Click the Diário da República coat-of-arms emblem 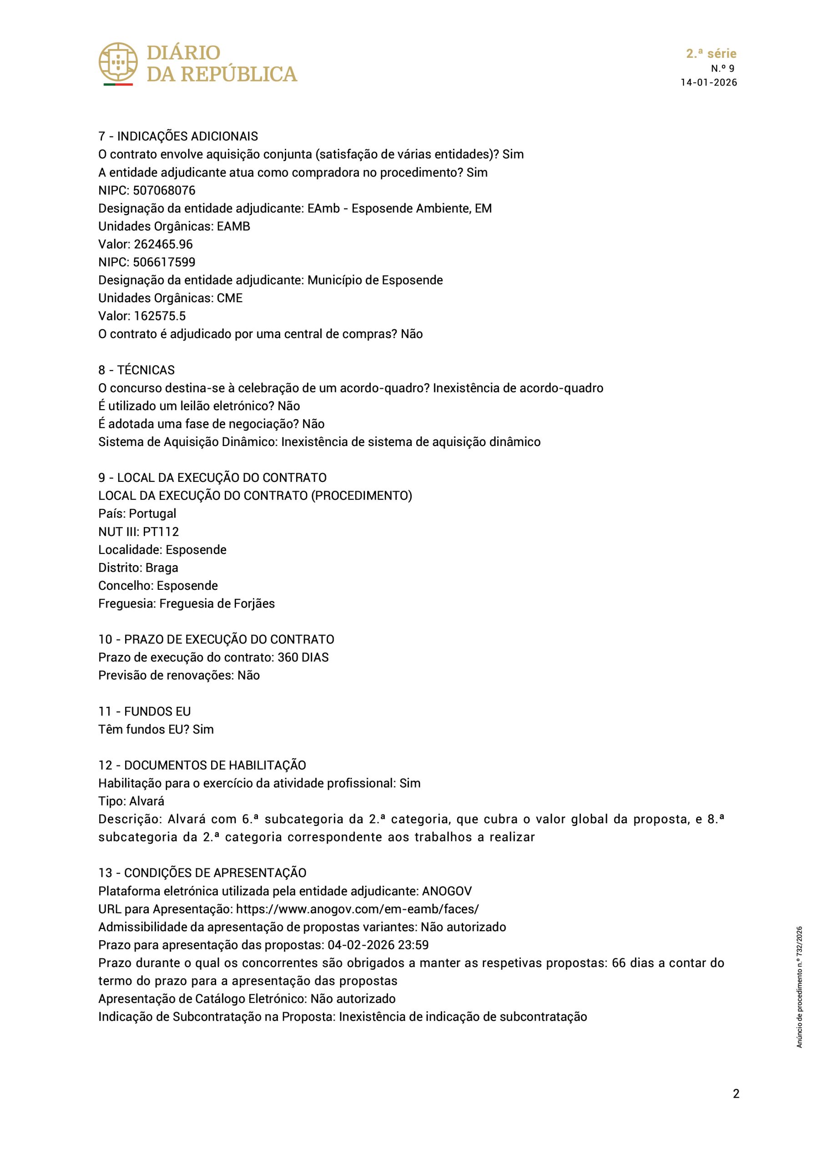[x=118, y=63]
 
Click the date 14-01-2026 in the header [x=708, y=83]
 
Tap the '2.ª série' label [x=711, y=54]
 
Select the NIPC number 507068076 [x=164, y=190]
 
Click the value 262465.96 [x=163, y=244]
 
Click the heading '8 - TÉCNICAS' [x=136, y=370]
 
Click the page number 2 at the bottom [x=736, y=1107]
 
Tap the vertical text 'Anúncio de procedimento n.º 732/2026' [x=800, y=988]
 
